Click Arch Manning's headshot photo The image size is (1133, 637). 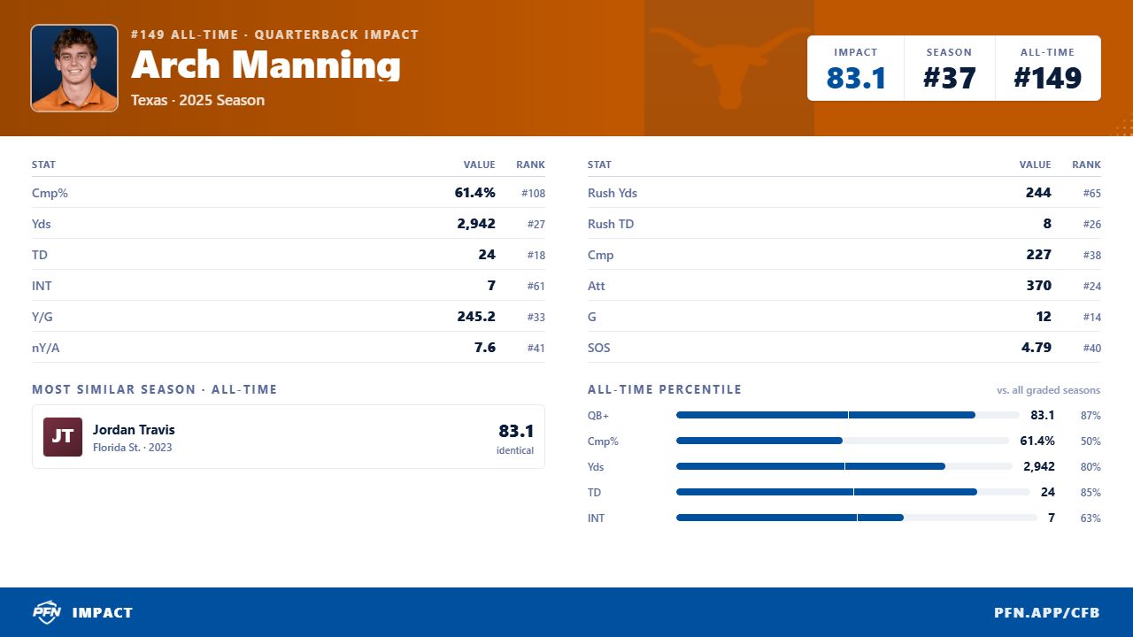pyautogui.click(x=74, y=68)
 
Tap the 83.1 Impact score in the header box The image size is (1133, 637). pyautogui.click(x=856, y=78)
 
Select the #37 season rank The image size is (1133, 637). pyautogui.click(x=949, y=78)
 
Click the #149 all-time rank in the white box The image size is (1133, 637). pyautogui.click(x=1047, y=78)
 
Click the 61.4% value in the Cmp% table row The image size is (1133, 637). pyautogui.click(x=474, y=193)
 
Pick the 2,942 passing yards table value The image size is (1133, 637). pyautogui.click(x=476, y=224)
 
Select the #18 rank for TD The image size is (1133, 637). pyautogui.click(x=536, y=256)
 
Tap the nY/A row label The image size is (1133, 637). pyautogui.click(x=45, y=348)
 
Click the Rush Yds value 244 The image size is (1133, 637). pyautogui.click(x=1038, y=193)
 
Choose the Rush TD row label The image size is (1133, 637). pyautogui.click(x=611, y=224)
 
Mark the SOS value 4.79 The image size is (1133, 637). pyautogui.click(x=1036, y=348)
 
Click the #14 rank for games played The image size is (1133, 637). pyautogui.click(x=1091, y=317)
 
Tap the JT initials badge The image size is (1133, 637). pyautogui.click(x=63, y=437)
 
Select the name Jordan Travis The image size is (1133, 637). pyautogui.click(x=134, y=430)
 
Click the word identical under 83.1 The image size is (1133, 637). pyautogui.click(x=515, y=450)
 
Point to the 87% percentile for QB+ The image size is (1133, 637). pyautogui.click(x=1091, y=416)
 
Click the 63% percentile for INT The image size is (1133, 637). pyautogui.click(x=1091, y=518)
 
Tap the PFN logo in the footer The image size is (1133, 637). pyautogui.click(x=47, y=612)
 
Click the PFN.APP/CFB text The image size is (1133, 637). pyautogui.click(x=1047, y=613)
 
